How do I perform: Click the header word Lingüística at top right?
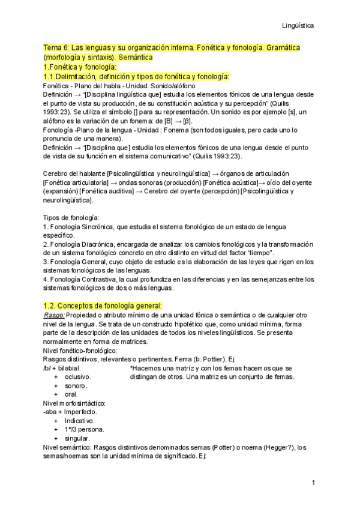(298, 26)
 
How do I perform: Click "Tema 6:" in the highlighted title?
(56, 47)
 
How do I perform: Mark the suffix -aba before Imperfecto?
(50, 412)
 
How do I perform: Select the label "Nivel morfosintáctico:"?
(75, 403)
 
